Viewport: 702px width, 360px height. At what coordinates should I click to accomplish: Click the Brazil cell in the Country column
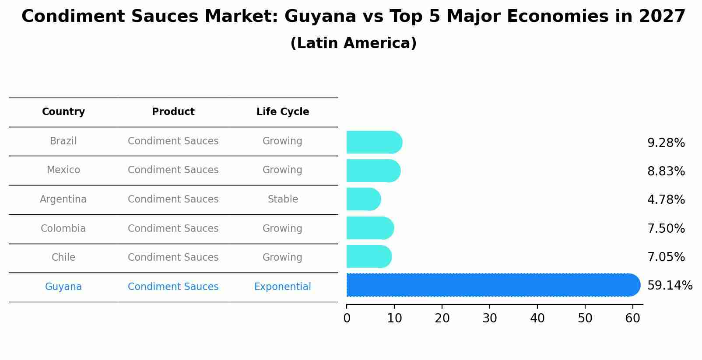pos(63,141)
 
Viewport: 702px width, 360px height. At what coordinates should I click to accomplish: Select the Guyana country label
pos(63,287)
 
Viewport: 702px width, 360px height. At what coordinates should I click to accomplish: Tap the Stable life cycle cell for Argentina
pos(283,199)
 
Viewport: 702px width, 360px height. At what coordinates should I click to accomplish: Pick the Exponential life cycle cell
pos(282,287)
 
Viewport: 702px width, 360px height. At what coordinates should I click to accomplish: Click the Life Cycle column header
pos(283,112)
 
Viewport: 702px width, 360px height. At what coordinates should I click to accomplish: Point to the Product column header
pos(173,112)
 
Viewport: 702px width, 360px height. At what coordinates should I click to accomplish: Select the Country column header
pos(63,112)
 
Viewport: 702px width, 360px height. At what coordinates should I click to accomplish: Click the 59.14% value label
pos(670,286)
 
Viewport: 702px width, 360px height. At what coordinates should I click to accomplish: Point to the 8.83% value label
pos(666,171)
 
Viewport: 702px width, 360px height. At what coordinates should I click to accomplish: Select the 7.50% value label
pos(666,229)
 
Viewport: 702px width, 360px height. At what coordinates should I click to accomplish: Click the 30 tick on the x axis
pos(490,318)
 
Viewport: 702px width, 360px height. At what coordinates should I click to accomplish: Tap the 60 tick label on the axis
pos(632,318)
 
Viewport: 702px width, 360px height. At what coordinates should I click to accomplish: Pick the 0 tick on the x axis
pos(347,318)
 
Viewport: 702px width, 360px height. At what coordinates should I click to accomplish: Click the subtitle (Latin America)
pos(353,43)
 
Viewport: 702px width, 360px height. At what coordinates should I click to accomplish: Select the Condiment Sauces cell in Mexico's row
pos(173,170)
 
